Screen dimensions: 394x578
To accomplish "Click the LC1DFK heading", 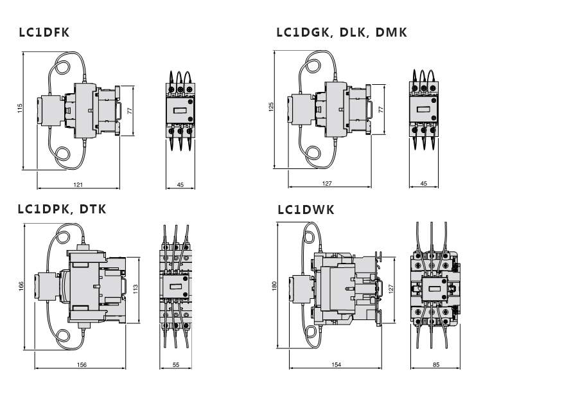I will click(44, 33).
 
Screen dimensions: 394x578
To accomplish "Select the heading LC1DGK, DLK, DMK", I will click(342, 33).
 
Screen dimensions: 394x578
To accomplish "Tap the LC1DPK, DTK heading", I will click(62, 210).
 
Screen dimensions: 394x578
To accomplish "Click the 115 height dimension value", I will click(20, 109).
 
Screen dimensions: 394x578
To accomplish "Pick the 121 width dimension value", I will click(78, 184).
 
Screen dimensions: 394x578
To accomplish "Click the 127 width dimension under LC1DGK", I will click(328, 184).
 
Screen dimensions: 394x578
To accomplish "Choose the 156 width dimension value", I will click(82, 364).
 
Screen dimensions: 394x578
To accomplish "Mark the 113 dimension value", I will click(136, 289).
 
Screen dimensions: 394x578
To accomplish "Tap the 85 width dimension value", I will click(435, 364).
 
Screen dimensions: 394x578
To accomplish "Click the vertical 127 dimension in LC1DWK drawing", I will click(389, 289).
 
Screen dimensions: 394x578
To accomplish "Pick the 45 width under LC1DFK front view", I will click(180, 184).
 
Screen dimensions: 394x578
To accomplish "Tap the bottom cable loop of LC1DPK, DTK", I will click(65, 337).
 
